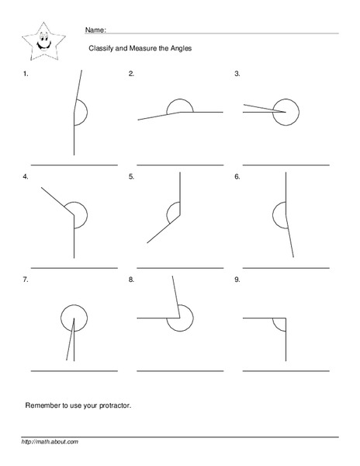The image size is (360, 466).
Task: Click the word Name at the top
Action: pyautogui.click(x=95, y=30)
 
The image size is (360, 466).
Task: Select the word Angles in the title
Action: pyautogui.click(x=180, y=49)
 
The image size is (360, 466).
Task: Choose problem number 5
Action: pyautogui.click(x=131, y=177)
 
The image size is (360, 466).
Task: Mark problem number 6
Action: pyautogui.click(x=237, y=177)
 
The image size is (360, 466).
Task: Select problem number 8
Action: pyautogui.click(x=131, y=278)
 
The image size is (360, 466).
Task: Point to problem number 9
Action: pyautogui.click(x=237, y=278)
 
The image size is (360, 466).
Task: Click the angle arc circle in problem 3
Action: pyautogui.click(x=289, y=111)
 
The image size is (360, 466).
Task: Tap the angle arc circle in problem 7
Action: pyautogui.click(x=74, y=318)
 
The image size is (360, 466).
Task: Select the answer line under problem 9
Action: pyautogui.click(x=286, y=370)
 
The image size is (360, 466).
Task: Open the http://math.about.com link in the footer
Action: pyautogui.click(x=50, y=442)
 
